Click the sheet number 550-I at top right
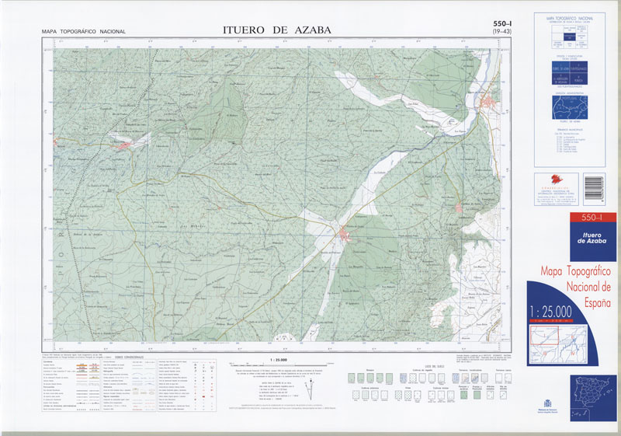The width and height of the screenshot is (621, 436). pos(501,25)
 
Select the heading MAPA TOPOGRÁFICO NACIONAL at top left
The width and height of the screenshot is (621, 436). pos(84,32)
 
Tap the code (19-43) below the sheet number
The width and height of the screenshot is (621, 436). pos(502,33)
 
